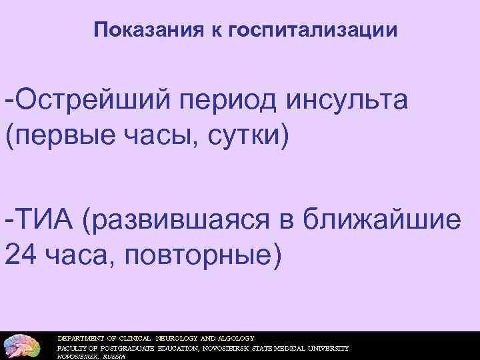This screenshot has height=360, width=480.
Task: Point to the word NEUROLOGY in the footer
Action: click(175, 338)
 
